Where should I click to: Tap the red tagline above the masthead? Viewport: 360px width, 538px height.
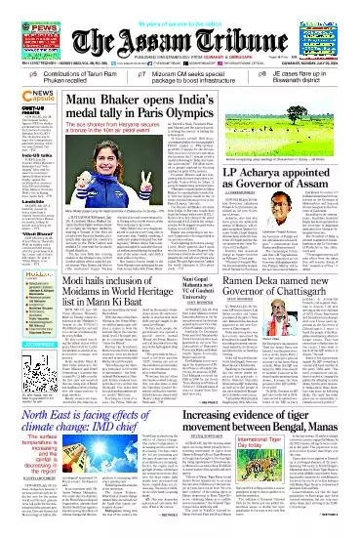[x=180, y=7]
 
